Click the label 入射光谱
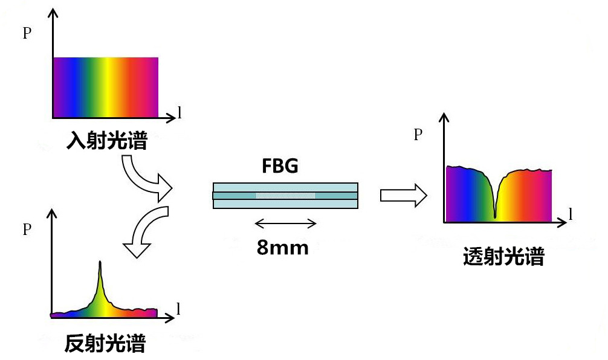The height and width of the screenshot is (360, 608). [x=107, y=140]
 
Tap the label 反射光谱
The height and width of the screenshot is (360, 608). [x=105, y=343]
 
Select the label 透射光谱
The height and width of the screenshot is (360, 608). [x=503, y=256]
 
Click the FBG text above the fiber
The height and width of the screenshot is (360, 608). [x=280, y=166]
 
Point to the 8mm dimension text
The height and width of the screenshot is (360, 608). [x=282, y=247]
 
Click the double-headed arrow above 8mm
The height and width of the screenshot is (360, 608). [x=285, y=223]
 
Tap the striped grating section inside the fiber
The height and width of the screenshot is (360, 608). [x=285, y=196]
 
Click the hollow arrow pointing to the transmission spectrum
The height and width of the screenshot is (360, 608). [x=403, y=196]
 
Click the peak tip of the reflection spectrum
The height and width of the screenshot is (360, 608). [x=100, y=262]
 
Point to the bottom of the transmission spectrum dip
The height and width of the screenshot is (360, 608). [x=495, y=217]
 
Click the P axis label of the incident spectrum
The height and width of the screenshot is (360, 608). [x=27, y=33]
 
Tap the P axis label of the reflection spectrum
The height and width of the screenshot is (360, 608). [x=27, y=230]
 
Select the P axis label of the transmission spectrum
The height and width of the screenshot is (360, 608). [x=418, y=135]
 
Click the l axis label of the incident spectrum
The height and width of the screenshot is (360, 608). [x=179, y=112]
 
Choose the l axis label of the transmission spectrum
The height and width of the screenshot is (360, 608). [x=571, y=213]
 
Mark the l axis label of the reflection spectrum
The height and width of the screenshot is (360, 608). [x=178, y=309]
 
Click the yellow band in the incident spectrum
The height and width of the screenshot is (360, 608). [x=108, y=87]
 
